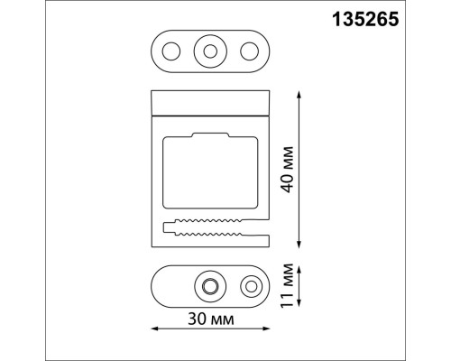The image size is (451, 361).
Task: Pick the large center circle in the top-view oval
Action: pos(210,51)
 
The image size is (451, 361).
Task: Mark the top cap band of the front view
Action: pos(210,103)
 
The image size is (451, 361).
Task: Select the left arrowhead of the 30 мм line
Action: pos(153,327)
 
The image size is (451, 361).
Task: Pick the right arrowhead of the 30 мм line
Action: pos(269,327)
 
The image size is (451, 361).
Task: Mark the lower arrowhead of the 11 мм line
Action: pos(297,308)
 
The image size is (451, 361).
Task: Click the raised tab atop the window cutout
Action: pos(210,134)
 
